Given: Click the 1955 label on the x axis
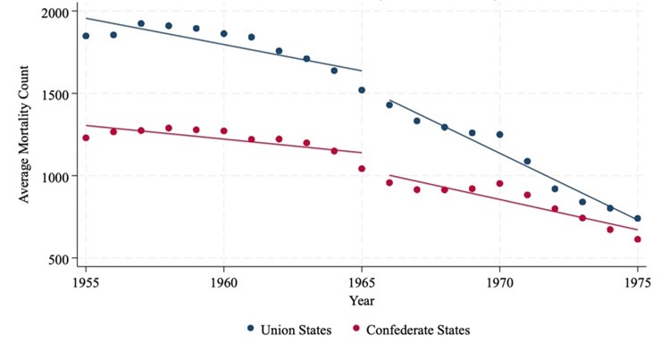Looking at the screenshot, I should tap(86, 282).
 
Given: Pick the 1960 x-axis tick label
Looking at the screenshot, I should tap(223, 282).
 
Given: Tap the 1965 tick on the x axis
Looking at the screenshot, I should tap(362, 282).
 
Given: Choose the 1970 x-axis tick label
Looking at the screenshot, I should tap(499, 282).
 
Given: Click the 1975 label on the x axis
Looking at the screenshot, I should tap(638, 282).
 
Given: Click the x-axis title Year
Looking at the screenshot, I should tap(362, 301).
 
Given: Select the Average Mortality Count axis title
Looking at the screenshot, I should tap(24, 134).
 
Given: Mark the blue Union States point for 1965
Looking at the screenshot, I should tap(362, 90).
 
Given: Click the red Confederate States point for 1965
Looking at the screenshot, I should tap(362, 168).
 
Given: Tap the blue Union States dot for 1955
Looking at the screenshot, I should tap(86, 36).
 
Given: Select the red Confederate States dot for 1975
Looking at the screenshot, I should tap(638, 239).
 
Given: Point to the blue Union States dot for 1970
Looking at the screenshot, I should tap(499, 134).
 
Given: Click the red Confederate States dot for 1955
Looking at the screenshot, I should tap(86, 138).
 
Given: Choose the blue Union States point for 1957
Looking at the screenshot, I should tap(141, 23).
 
